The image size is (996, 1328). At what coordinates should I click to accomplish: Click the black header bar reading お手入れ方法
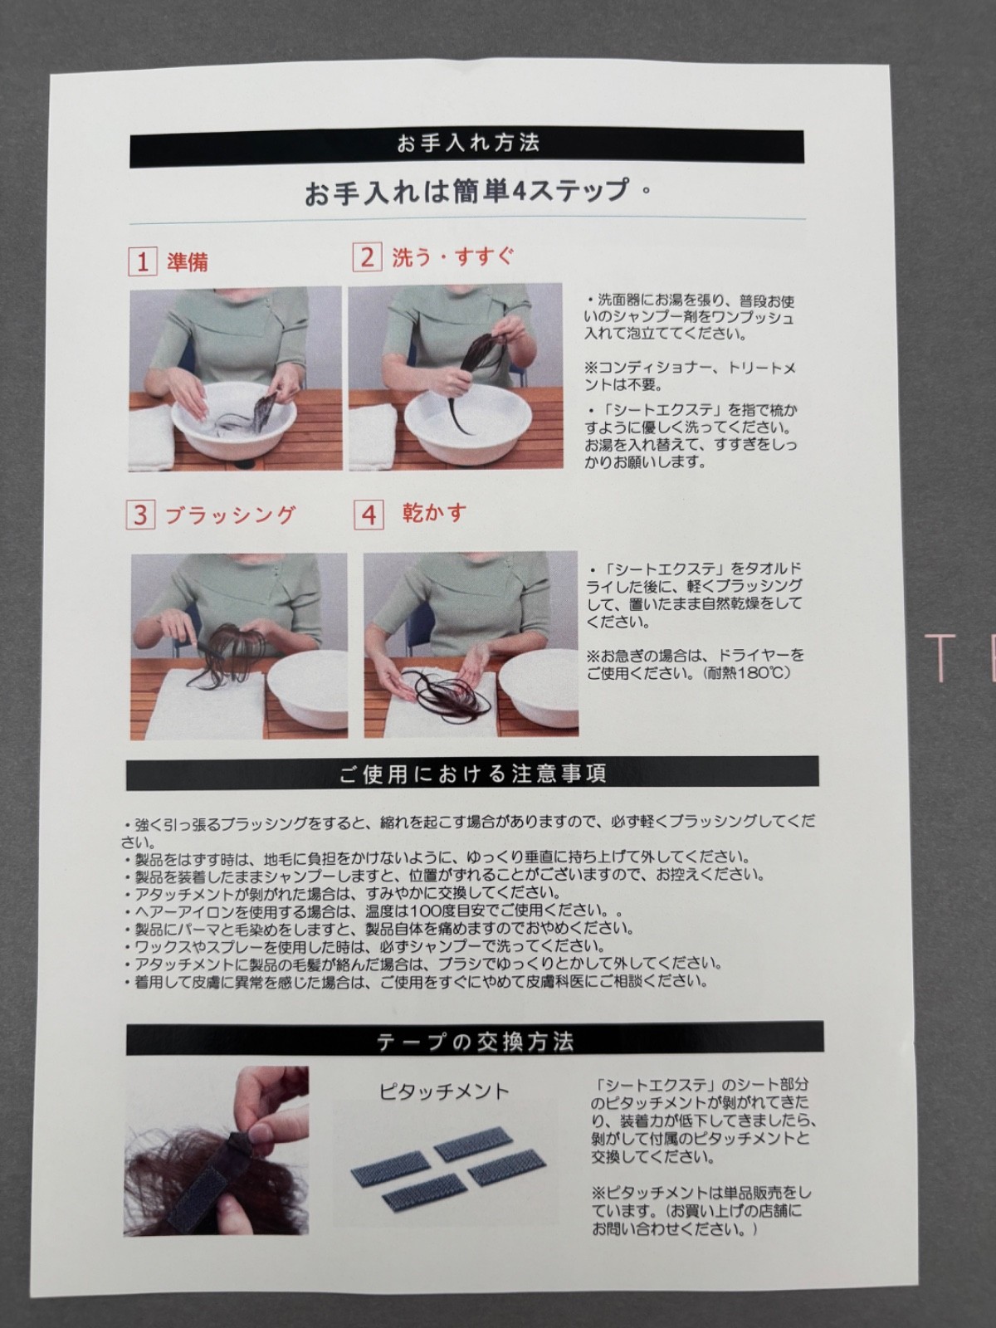(466, 148)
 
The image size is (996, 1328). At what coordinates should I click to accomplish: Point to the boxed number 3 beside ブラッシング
(140, 515)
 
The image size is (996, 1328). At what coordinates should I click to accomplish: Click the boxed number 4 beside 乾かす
(369, 515)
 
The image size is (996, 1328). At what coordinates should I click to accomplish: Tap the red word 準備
(187, 262)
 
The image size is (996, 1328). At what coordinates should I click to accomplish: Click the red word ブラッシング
(231, 515)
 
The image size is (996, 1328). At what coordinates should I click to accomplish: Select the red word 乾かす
(434, 513)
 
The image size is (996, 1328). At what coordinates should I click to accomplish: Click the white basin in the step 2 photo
(467, 425)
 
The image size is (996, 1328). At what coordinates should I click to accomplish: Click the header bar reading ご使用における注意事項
(472, 774)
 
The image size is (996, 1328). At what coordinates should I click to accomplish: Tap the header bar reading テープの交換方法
(475, 1042)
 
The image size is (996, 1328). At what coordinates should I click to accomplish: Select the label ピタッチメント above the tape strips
(445, 1091)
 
